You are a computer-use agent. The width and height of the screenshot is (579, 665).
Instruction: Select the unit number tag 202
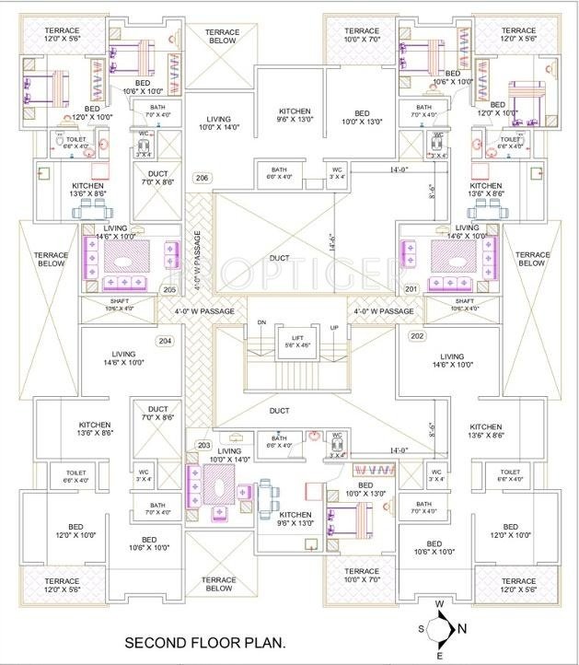(417, 336)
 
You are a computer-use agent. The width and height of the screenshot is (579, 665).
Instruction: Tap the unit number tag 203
(204, 445)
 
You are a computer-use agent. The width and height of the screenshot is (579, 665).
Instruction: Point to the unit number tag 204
(165, 341)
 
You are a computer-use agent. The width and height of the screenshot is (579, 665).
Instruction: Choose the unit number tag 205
(169, 289)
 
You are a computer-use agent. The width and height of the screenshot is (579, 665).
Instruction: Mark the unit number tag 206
(203, 178)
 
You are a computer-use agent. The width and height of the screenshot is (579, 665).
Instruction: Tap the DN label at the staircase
(261, 322)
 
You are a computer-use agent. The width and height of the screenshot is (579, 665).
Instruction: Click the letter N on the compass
(463, 629)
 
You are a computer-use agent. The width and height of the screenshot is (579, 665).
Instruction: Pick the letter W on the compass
(440, 604)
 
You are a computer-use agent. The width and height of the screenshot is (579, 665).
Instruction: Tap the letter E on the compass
(440, 655)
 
